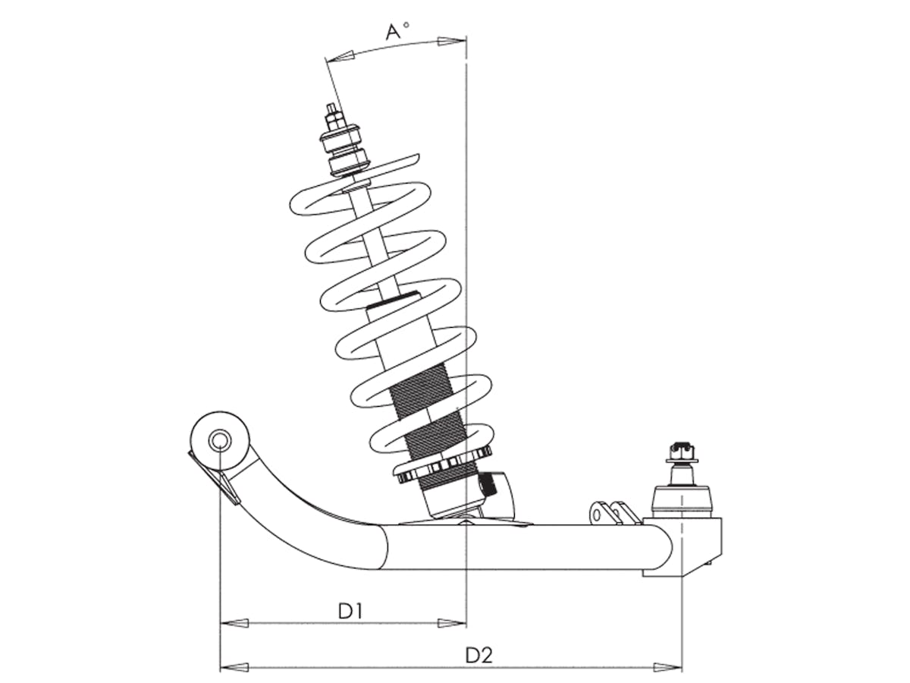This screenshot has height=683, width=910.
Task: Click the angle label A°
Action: pos(397,31)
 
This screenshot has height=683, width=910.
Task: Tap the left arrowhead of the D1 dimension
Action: pos(234,623)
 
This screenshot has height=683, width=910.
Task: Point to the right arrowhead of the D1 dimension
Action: pos(452,623)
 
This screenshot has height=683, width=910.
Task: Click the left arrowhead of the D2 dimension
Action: pos(234,667)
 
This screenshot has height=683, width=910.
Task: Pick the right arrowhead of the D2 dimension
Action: pos(667,667)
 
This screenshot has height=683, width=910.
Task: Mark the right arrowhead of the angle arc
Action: pos(452,41)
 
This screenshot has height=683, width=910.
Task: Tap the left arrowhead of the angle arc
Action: pos(340,57)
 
